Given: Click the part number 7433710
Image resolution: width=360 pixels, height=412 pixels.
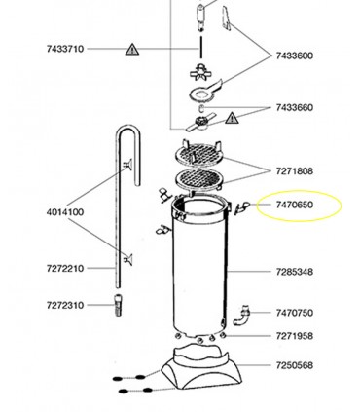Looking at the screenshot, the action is tap(65, 49).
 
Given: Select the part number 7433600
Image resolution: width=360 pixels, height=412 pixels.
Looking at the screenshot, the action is tap(295, 56).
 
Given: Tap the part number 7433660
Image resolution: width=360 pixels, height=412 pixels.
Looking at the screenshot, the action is tap(295, 107).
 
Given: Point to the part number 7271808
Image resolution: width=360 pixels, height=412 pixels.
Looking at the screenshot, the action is tap(295, 170).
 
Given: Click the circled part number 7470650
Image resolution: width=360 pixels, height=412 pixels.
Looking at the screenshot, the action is tap(295, 205).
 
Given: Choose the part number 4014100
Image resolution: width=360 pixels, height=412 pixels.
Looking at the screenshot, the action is tap(65, 212).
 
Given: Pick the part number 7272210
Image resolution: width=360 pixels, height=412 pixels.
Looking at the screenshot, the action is tap(65, 269).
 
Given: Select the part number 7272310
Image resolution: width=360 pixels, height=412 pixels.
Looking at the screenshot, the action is tap(65, 305).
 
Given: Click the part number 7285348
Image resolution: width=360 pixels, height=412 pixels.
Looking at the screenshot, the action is tap(295, 272).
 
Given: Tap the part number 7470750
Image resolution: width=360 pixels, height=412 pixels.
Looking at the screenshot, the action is tap(295, 313).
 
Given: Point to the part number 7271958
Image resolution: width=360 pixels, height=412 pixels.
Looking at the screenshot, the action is tap(295, 336).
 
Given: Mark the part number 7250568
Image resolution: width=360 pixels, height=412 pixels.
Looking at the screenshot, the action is tap(295, 365).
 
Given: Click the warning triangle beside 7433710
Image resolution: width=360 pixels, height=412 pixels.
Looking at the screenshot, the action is tap(132, 50).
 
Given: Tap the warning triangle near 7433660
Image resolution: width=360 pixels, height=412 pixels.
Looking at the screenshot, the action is tap(232, 119).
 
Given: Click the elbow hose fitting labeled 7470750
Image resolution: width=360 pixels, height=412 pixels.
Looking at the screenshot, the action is tap(242, 316).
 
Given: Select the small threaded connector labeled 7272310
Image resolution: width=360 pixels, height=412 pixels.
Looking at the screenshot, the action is tap(119, 305).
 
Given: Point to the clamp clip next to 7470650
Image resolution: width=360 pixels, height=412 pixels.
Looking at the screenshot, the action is tap(242, 208).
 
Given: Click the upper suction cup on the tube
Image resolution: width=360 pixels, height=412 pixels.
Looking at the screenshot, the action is tap(127, 165).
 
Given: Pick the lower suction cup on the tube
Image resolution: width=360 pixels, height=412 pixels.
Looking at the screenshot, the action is tap(128, 259).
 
